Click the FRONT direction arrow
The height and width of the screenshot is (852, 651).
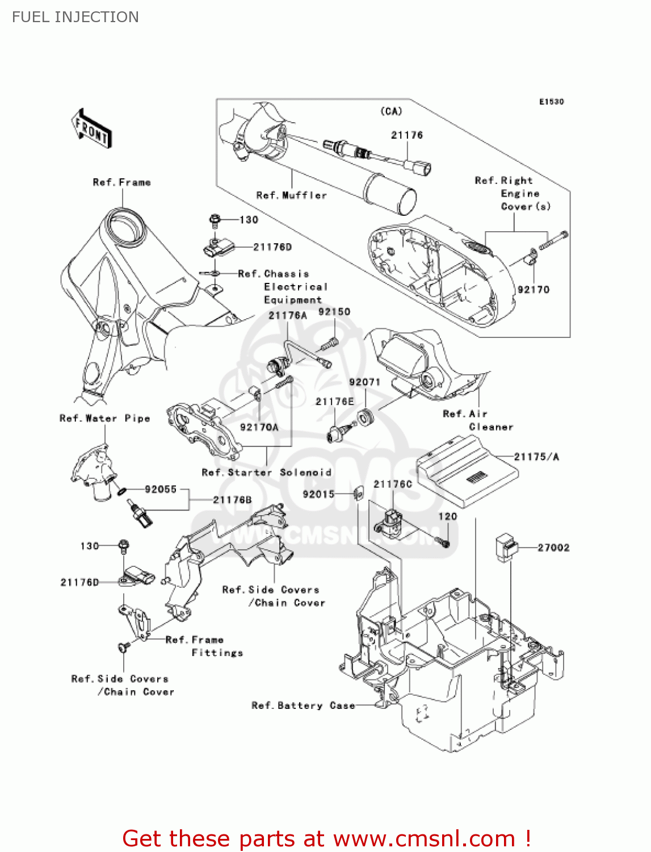(91, 129)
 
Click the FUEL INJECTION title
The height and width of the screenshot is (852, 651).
(75, 17)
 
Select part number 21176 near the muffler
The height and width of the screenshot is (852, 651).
(407, 135)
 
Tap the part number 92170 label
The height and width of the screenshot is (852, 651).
(534, 290)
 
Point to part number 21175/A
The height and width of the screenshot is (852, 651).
(536, 457)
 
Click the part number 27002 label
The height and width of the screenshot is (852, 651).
(553, 548)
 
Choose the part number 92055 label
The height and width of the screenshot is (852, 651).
(161, 489)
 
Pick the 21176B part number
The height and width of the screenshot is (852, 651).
(232, 500)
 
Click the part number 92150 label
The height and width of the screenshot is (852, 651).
(334, 312)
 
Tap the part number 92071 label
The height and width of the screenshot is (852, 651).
(364, 382)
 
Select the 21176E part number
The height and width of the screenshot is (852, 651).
(335, 402)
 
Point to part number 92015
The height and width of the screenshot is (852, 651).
(318, 494)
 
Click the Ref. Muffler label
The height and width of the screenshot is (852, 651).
(292, 195)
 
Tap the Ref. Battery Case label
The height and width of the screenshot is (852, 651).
(303, 705)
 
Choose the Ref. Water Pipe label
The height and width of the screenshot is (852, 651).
(105, 419)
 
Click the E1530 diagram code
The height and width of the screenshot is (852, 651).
(551, 102)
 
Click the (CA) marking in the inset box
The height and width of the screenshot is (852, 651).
(391, 111)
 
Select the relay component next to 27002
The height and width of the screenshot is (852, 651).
(506, 548)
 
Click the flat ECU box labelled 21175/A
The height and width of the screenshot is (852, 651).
(467, 471)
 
